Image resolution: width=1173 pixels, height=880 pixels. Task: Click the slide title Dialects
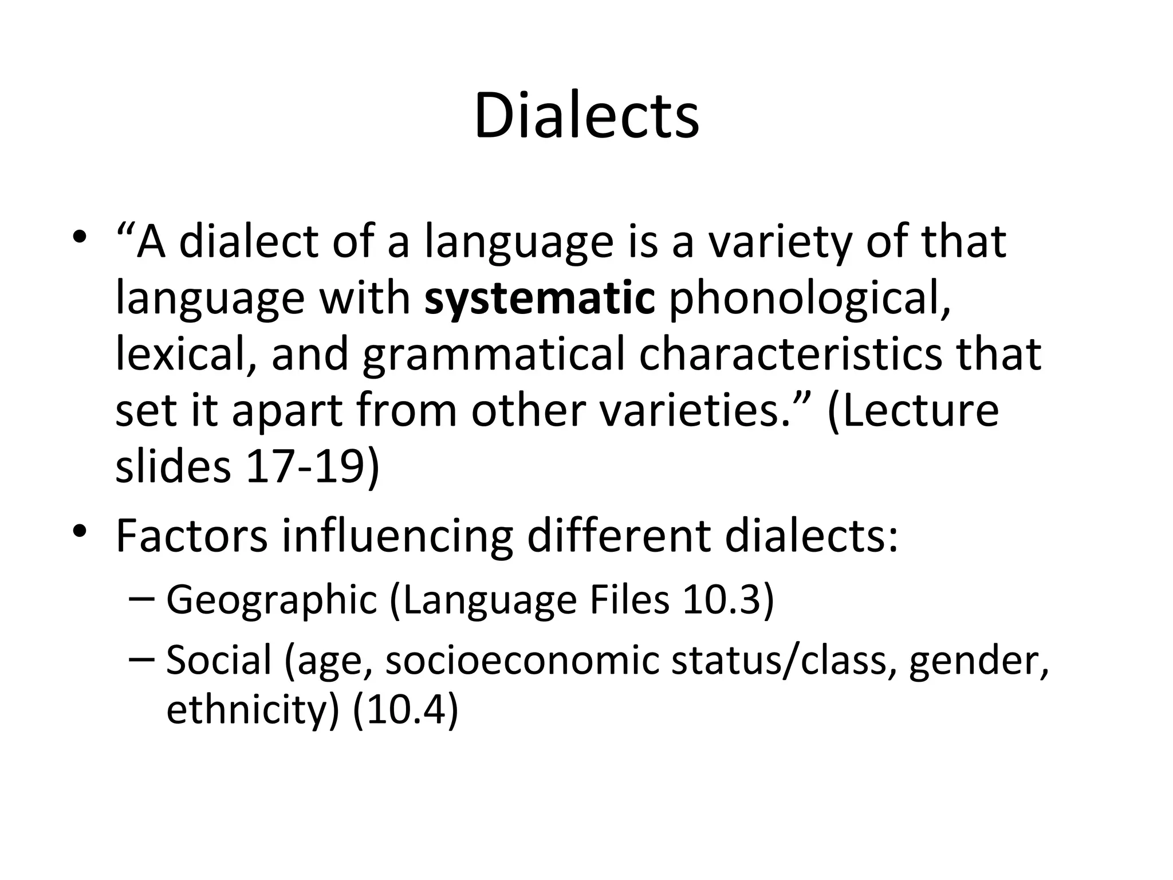tap(586, 117)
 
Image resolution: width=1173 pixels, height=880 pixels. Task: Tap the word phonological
tap(810, 299)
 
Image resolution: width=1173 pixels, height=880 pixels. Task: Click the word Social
tap(218, 659)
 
